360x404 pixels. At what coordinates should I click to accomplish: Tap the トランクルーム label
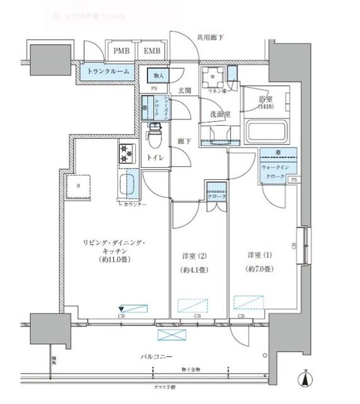(x=108, y=72)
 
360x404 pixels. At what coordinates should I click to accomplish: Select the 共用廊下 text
(x=209, y=38)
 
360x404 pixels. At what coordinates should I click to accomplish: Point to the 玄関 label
(x=183, y=90)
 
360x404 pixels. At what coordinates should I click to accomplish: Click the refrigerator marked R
(x=78, y=186)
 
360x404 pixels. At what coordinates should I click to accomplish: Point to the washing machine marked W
(x=213, y=80)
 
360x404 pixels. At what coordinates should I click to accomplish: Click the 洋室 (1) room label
(x=260, y=254)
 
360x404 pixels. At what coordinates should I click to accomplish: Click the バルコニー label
(x=156, y=357)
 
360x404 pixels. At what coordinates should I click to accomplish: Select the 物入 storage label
(x=158, y=76)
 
